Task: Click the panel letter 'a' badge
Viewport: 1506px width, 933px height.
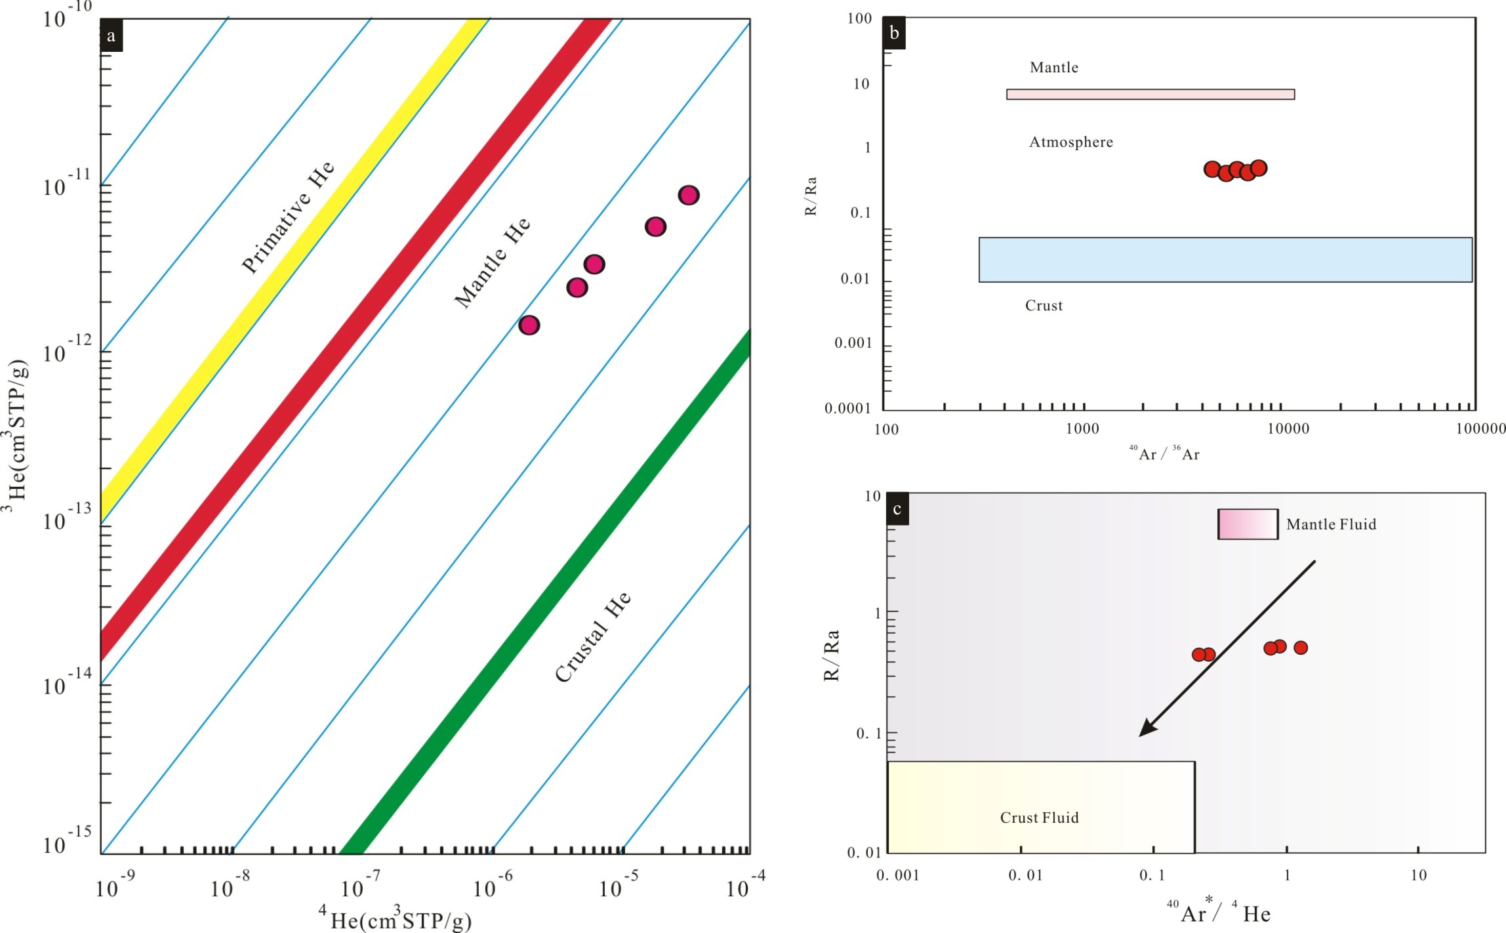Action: coord(111,35)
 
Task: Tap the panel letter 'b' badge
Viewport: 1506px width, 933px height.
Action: coord(894,33)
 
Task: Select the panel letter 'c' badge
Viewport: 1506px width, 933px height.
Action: coord(897,509)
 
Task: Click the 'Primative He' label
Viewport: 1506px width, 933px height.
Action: coord(288,217)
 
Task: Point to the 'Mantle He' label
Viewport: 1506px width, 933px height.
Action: coord(492,262)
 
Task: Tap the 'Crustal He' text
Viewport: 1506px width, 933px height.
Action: coord(593,636)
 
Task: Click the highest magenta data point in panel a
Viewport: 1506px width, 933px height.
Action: coord(688,195)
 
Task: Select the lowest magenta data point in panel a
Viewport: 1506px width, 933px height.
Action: coord(529,325)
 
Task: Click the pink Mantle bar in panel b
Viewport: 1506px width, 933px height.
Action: coord(1150,94)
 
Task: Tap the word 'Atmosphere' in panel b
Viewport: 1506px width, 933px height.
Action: coord(1070,142)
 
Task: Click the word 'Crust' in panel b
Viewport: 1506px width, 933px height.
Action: coord(1044,306)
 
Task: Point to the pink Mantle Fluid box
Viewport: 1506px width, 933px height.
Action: coord(1248,524)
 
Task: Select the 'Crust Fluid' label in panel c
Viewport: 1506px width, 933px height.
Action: coord(1039,818)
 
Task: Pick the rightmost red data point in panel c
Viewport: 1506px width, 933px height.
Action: coord(1300,648)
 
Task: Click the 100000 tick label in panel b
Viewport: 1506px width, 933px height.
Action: coord(1480,429)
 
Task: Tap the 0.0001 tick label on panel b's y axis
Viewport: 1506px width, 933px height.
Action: coord(847,409)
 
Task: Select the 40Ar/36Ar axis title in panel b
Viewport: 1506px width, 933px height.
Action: coord(1164,453)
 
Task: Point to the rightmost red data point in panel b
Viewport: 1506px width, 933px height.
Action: coord(1258,169)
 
